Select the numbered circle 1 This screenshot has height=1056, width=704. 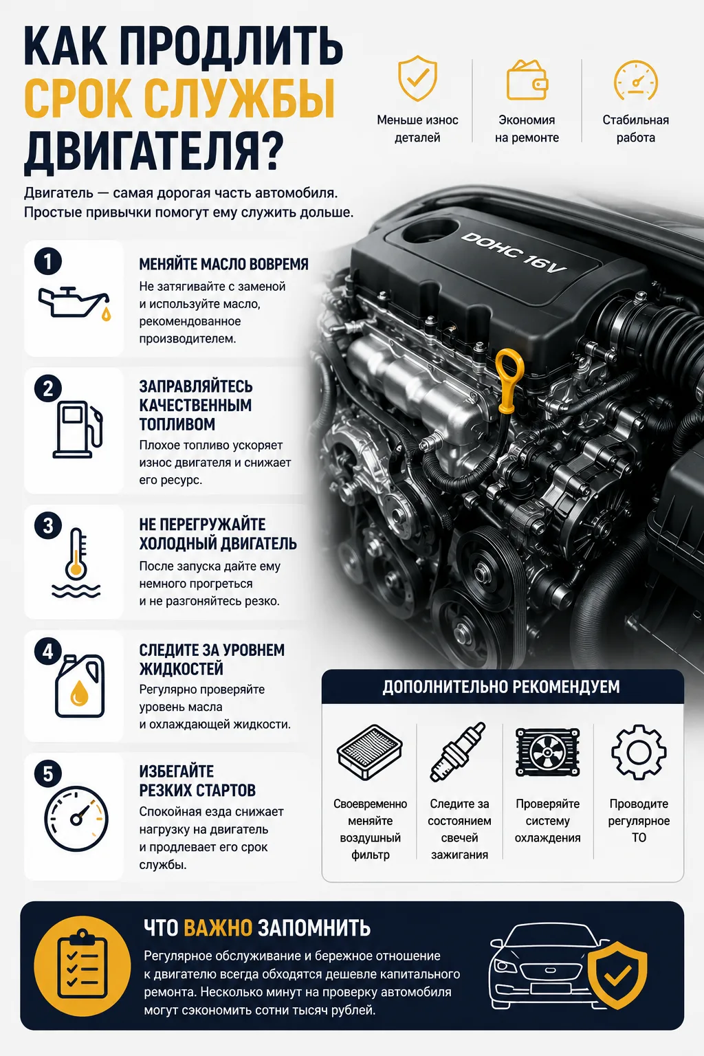[48, 262]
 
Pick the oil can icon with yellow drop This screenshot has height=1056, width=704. [74, 303]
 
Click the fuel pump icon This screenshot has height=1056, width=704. [77, 430]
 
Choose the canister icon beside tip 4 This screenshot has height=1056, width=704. [80, 686]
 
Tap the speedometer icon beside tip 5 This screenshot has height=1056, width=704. [76, 818]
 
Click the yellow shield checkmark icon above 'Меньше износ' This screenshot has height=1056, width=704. [417, 78]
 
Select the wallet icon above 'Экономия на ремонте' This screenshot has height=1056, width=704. [527, 80]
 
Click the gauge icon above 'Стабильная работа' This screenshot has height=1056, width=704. [636, 80]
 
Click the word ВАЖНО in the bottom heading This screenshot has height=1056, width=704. [218, 927]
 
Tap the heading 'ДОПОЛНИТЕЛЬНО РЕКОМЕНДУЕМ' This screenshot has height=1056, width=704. [500, 687]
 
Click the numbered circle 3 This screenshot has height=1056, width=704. [48, 526]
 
